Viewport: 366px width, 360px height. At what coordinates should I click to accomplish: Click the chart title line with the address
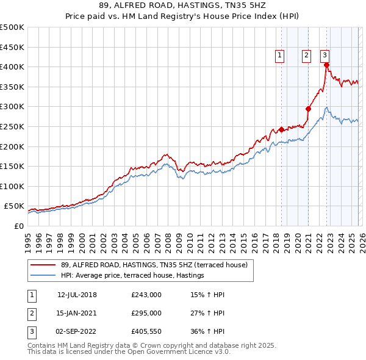click(x=183, y=5)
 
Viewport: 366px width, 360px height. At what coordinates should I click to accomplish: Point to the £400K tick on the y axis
click(x=12, y=67)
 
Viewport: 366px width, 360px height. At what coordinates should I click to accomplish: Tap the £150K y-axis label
click(x=12, y=166)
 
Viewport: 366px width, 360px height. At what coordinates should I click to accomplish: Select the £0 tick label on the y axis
click(x=19, y=226)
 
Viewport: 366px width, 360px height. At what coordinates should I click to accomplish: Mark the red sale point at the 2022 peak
click(x=326, y=65)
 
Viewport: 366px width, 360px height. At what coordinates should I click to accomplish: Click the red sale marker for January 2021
click(x=309, y=109)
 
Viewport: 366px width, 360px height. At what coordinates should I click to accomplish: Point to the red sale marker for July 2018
click(x=281, y=129)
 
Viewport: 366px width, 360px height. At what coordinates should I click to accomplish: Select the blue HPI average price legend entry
click(x=132, y=276)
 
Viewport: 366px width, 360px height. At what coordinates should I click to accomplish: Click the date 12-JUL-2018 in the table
click(x=77, y=295)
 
